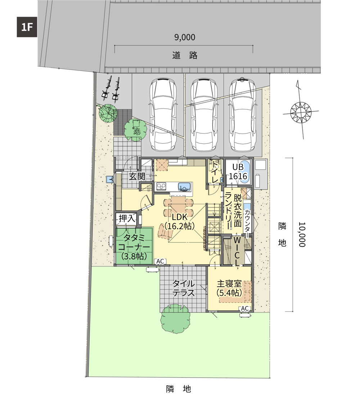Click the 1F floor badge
27,27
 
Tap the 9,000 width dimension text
185,37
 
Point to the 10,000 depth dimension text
302,234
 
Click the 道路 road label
185,55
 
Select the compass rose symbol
301,111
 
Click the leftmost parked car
163,114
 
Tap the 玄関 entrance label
137,176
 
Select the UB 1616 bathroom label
238,171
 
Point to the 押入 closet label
127,218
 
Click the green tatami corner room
134,246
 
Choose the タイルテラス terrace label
184,288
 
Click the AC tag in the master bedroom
245,308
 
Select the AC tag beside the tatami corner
160,261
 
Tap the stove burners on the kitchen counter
161,186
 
